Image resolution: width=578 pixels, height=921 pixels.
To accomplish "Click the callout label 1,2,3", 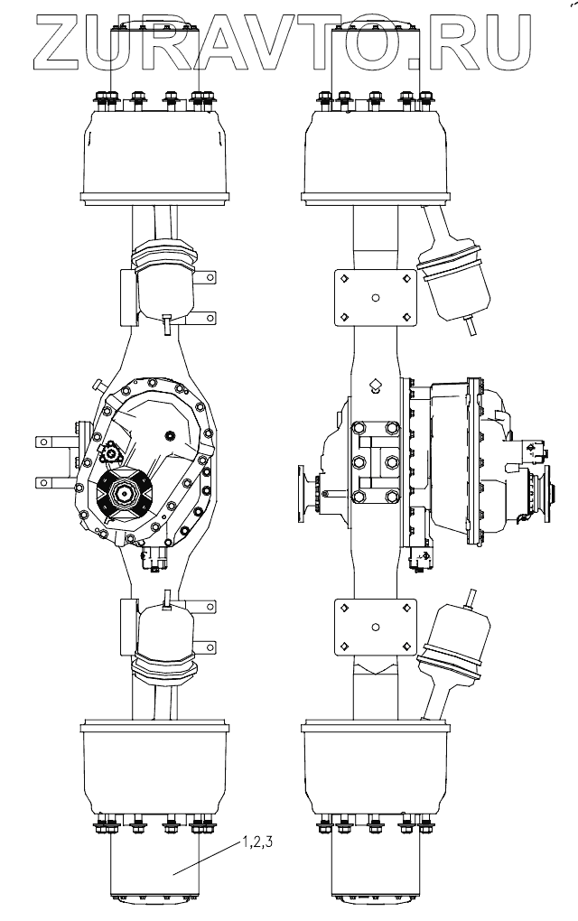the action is [257, 842].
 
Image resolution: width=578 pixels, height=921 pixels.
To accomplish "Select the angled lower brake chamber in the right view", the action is [452, 653].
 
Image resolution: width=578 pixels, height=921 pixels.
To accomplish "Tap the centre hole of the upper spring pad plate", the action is [376, 298].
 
